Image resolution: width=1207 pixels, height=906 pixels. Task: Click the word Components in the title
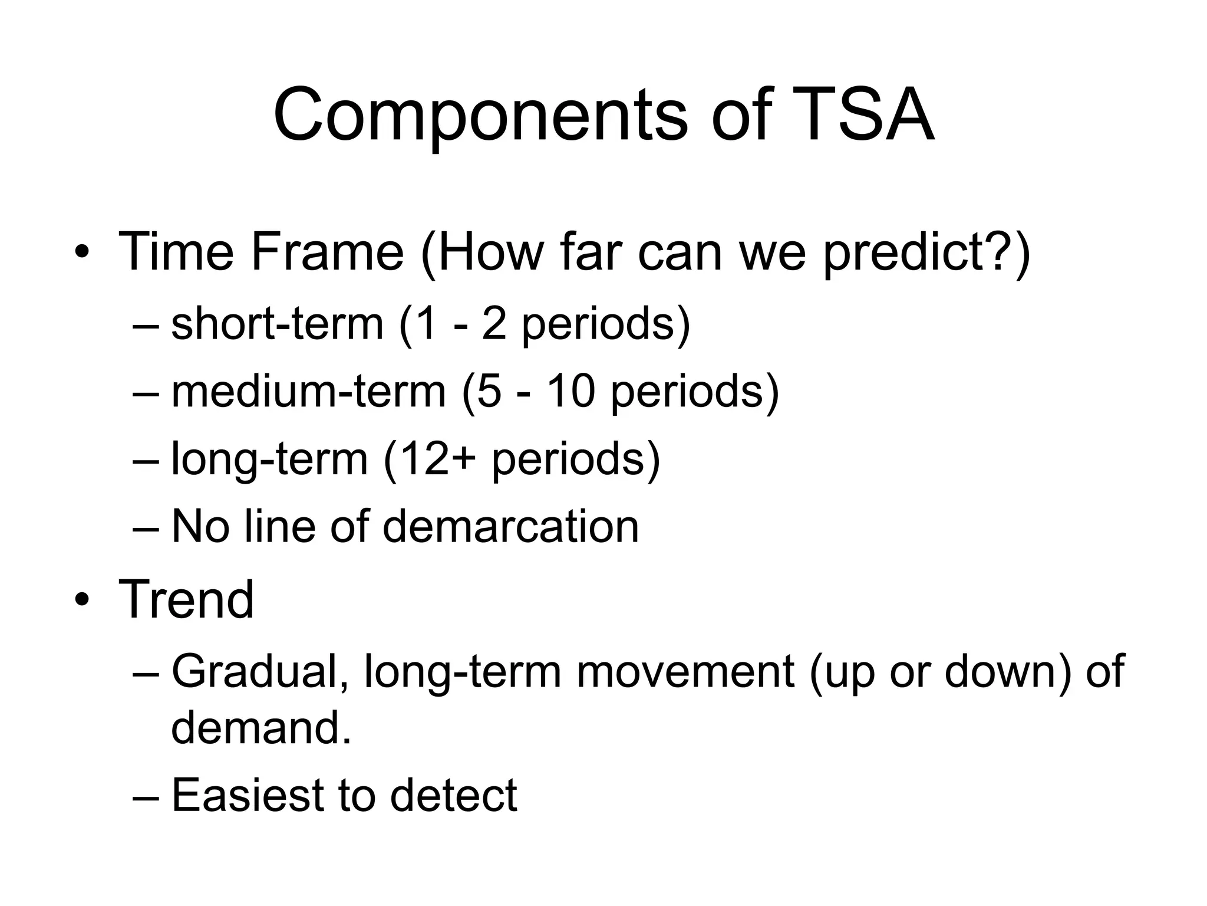pyautogui.click(x=480, y=115)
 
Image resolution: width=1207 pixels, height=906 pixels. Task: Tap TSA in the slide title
pyautogui.click(x=863, y=115)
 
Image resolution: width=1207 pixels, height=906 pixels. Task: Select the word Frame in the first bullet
pyautogui.click(x=327, y=252)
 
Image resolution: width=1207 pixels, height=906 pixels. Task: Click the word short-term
pyautogui.click(x=277, y=324)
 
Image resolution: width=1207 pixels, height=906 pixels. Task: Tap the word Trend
pyautogui.click(x=186, y=599)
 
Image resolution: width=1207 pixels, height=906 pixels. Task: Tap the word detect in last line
pyautogui.click(x=453, y=795)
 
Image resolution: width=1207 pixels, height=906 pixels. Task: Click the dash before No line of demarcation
pyautogui.click(x=146, y=527)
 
